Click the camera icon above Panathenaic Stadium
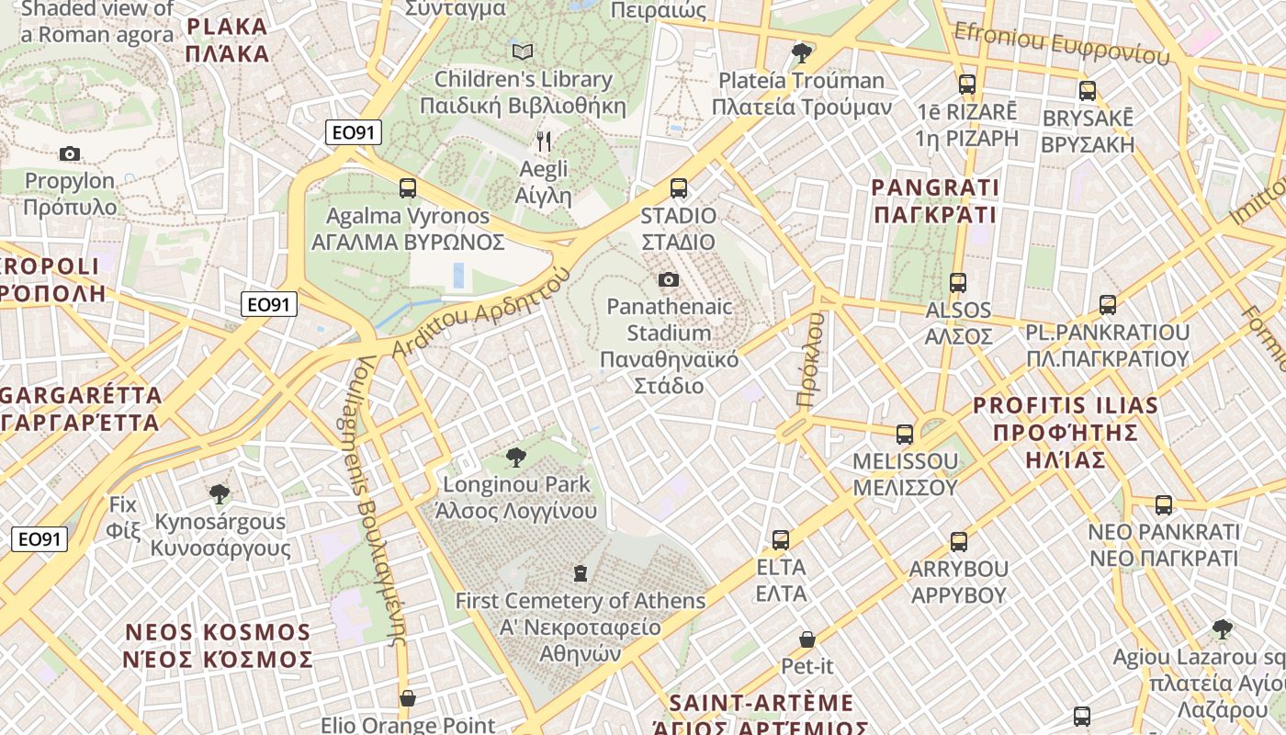coord(669,279)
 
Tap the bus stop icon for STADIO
coord(679,188)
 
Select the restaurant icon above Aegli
coord(544,141)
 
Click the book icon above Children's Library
coord(523,51)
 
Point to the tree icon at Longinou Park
coord(516,457)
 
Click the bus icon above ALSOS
coord(958,283)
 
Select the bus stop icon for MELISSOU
coord(905,435)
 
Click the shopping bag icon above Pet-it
coord(807,639)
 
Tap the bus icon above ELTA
coord(781,540)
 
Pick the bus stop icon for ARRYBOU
coord(959,542)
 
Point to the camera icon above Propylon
coord(70,153)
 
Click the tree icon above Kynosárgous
coord(219,494)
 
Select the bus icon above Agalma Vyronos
coord(408,188)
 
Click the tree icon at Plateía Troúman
coord(802,52)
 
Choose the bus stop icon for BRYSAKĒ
coord(1088,91)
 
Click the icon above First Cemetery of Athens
coord(580,573)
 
